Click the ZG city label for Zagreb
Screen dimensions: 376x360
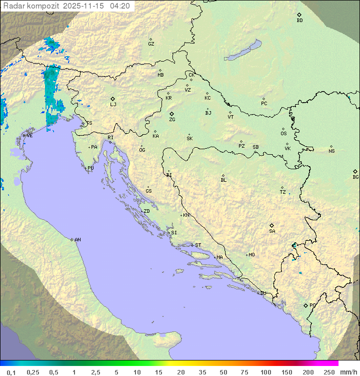point(172,120)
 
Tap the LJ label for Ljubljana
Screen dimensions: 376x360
point(113,104)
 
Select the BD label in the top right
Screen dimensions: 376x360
point(299,21)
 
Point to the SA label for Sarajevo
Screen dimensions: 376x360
point(272,231)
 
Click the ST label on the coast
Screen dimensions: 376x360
point(198,245)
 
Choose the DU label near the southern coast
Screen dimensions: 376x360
point(262,293)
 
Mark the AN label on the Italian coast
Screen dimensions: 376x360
point(77,240)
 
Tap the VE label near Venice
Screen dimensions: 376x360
point(29,135)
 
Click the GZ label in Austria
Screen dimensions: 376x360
point(151,44)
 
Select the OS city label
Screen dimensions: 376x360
point(283,134)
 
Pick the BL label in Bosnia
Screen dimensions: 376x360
point(223,180)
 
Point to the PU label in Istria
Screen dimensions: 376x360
point(90,168)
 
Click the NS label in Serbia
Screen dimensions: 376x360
point(331,151)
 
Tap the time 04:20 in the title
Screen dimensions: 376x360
point(120,6)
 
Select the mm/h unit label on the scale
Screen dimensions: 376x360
point(347,372)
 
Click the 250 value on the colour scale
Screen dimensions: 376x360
point(329,372)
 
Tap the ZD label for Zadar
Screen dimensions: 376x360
point(146,211)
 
